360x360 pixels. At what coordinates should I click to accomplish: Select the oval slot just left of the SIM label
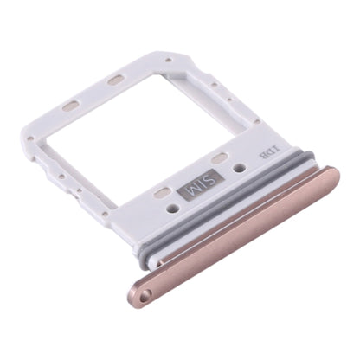[x=163, y=192]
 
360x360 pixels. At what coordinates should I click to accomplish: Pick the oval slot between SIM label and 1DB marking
[x=221, y=158]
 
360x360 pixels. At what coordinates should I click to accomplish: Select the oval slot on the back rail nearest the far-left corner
[x=71, y=106]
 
